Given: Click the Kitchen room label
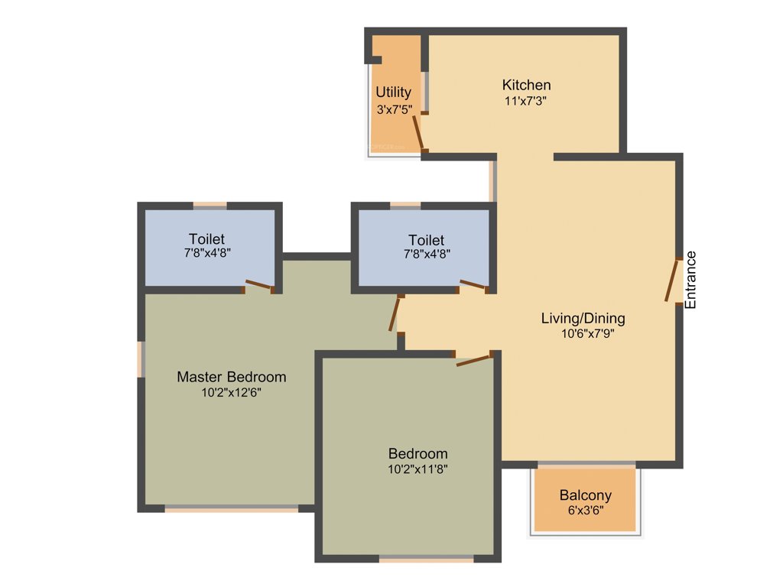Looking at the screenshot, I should pyautogui.click(x=526, y=85).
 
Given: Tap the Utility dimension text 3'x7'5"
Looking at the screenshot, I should pyautogui.click(x=395, y=109).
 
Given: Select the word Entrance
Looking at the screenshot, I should pyautogui.click(x=690, y=280).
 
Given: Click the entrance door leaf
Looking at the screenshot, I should pyautogui.click(x=672, y=281).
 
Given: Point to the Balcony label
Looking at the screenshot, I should pyautogui.click(x=585, y=495).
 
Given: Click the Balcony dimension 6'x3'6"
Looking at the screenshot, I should pyautogui.click(x=585, y=511).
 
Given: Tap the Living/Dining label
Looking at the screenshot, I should pyautogui.click(x=583, y=318).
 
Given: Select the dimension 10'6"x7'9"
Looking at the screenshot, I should pyautogui.click(x=588, y=333).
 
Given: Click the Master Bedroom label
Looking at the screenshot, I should pyautogui.click(x=232, y=377).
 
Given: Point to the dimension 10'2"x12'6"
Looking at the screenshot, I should pyautogui.click(x=232, y=393).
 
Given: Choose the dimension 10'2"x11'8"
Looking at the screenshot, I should pyautogui.click(x=417, y=469).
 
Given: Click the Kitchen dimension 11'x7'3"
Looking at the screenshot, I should pyautogui.click(x=526, y=101).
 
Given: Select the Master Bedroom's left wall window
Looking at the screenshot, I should pyautogui.click(x=141, y=359).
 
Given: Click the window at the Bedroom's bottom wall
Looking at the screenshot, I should pyautogui.click(x=427, y=559).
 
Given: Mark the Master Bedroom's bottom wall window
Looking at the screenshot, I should pyautogui.click(x=231, y=508).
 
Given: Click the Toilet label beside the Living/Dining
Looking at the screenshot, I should pyautogui.click(x=426, y=240).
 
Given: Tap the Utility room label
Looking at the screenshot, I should pyautogui.click(x=393, y=93).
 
